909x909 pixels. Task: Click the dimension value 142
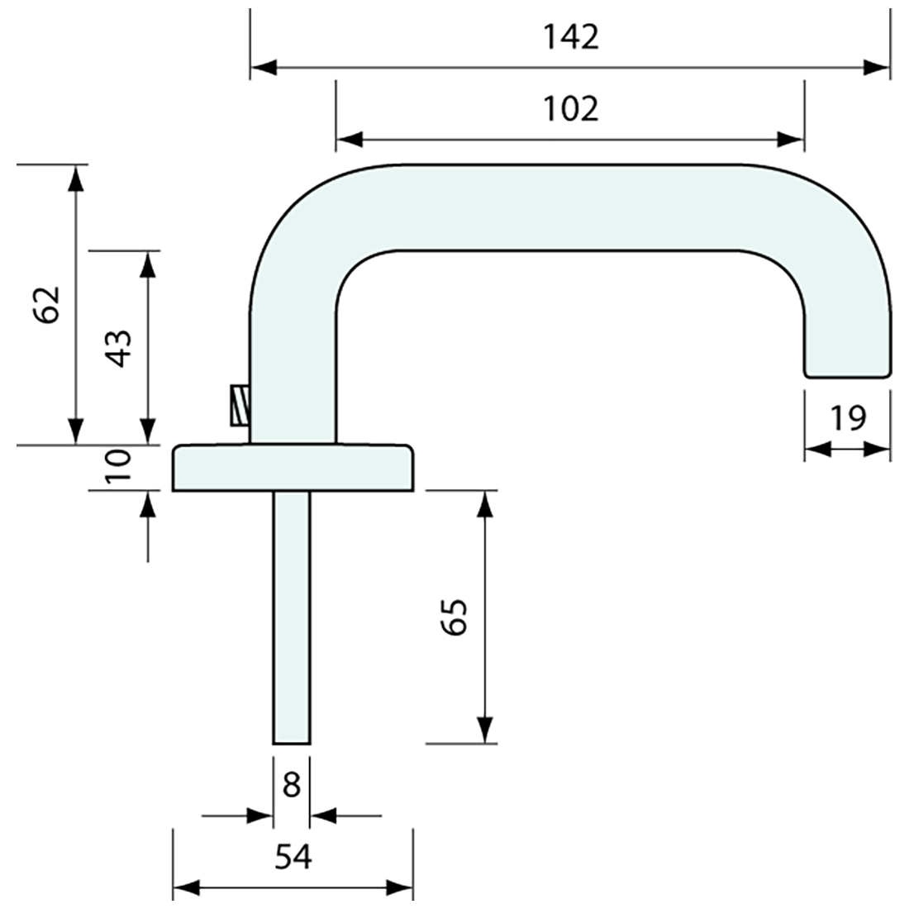coord(571,37)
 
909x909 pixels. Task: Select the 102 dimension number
coord(571,108)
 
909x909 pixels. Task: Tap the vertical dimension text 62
coord(48,305)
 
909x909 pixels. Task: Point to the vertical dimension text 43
coord(119,348)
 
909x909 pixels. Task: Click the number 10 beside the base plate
coord(119,468)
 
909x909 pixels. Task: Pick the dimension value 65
coord(454,616)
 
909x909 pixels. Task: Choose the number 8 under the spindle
coord(291,784)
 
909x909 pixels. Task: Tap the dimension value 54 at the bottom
coord(293,857)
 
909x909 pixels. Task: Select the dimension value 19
coord(848,418)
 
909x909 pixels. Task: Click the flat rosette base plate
coord(293,468)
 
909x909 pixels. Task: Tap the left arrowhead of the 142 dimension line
coord(263,69)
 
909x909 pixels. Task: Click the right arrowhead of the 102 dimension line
coord(791,139)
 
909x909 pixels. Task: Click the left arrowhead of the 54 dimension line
coord(185,889)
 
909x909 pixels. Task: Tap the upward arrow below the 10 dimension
coord(149,504)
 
